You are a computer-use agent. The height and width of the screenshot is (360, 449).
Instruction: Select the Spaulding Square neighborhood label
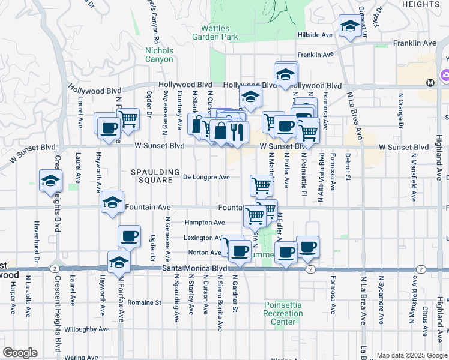pos(155,176)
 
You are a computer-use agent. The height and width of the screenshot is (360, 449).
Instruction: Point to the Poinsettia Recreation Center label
pos(283,313)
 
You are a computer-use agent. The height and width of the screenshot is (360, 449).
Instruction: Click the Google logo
pos(20,353)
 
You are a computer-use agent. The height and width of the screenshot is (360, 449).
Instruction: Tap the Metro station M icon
pos(430,82)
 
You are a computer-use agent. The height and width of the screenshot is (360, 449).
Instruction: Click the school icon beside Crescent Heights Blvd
pos(50,181)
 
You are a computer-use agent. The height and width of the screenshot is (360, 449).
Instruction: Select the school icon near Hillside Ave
pos(349,26)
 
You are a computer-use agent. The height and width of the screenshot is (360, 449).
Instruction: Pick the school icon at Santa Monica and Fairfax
pos(119,262)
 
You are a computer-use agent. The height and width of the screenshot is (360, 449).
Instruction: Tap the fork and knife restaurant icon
pos(238,133)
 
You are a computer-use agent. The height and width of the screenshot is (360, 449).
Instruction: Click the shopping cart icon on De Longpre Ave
pos(261,185)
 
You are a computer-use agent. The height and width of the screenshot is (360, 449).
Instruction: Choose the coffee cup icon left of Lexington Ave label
pos(129,236)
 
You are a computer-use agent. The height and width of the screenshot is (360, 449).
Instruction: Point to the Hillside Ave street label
pos(315,35)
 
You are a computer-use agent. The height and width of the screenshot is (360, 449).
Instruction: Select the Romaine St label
pos(146,303)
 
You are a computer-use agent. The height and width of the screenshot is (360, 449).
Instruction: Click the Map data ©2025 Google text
pos(411,355)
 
